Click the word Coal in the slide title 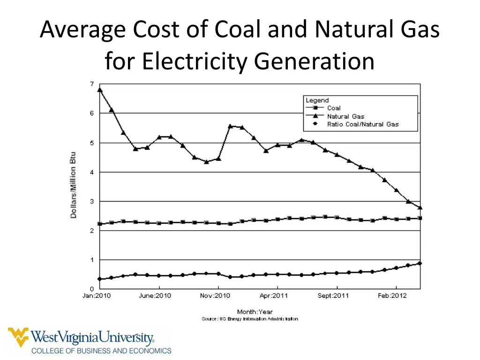pos(239,30)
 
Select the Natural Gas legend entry pos(345,116)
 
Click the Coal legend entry pos(334,108)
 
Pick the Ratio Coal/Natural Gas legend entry pos(363,124)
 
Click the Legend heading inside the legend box pos(317,100)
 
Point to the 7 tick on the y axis pos(92,84)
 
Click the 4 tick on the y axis pos(92,172)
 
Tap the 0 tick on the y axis pos(92,289)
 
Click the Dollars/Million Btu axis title pos(74,185)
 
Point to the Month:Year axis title pos(255,312)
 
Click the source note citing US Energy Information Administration pos(249,319)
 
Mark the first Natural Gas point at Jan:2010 pos(100,90)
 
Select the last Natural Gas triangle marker pos(420,207)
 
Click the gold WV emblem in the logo pos(18,337)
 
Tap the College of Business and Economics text pos(101,350)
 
